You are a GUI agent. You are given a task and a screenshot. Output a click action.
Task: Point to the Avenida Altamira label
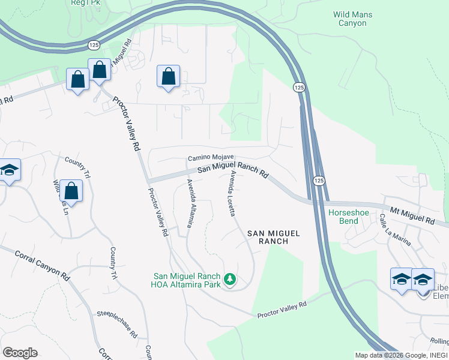coord(190,203)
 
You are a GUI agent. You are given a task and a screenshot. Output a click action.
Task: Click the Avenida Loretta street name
coord(231,193)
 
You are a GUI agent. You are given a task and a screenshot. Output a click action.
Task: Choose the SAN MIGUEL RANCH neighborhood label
coord(270,236)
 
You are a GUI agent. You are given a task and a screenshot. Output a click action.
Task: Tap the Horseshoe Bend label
coord(344,217)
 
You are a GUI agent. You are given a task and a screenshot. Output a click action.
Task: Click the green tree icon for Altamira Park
coord(229,279)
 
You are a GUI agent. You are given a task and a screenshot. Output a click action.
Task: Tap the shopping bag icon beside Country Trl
coord(71,190)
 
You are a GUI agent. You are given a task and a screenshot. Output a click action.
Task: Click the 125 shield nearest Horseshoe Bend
coord(319,180)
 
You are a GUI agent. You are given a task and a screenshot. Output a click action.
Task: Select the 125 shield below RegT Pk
coord(94,45)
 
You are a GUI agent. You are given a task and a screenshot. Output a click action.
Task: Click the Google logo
coord(20,353)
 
